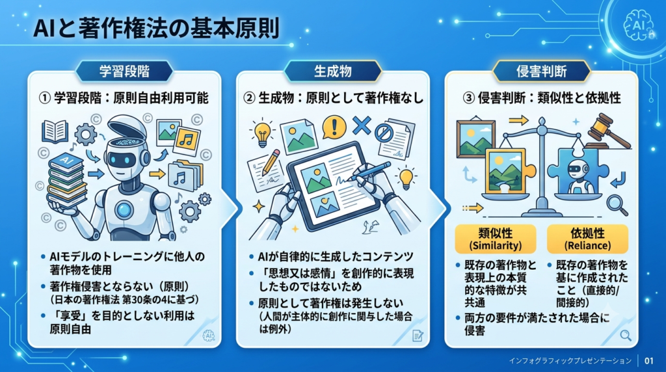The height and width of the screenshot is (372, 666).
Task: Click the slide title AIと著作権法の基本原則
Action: (156, 29)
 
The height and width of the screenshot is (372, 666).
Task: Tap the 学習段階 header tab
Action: (124, 71)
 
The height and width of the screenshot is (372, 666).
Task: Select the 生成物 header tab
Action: (332, 71)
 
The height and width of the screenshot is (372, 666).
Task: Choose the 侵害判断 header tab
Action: (541, 71)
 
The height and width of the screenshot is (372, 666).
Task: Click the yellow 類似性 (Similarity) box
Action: (495, 239)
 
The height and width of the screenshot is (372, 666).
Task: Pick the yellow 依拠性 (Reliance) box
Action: (587, 239)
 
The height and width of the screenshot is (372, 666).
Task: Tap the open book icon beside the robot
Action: (55, 131)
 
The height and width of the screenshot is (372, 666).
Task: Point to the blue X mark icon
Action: (362, 126)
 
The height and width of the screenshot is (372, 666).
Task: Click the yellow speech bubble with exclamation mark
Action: (334, 127)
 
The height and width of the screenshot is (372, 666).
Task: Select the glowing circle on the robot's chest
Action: (124, 209)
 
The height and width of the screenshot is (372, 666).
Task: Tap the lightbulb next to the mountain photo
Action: (262, 132)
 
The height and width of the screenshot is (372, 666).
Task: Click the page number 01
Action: (648, 361)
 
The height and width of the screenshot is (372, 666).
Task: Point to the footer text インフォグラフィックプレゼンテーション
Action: (570, 361)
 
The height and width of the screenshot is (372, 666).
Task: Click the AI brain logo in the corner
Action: (639, 26)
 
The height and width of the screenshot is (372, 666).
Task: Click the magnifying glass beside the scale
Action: (617, 205)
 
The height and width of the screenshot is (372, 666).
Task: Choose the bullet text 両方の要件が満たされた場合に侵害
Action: (537, 324)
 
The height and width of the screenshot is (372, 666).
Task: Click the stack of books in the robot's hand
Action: (67, 181)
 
